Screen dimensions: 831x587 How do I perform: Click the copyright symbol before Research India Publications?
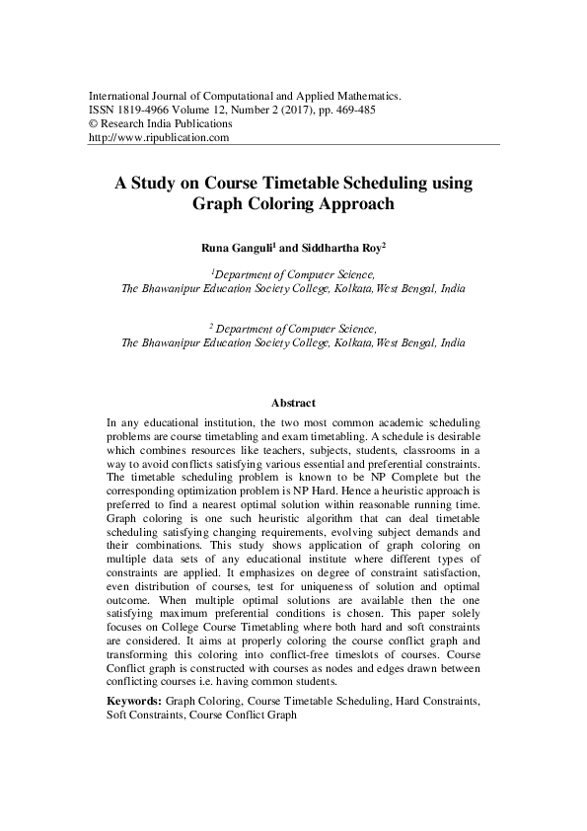coord(94,124)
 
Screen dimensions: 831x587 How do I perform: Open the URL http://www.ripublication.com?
coord(159,138)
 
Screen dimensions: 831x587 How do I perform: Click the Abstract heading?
coord(293,403)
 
